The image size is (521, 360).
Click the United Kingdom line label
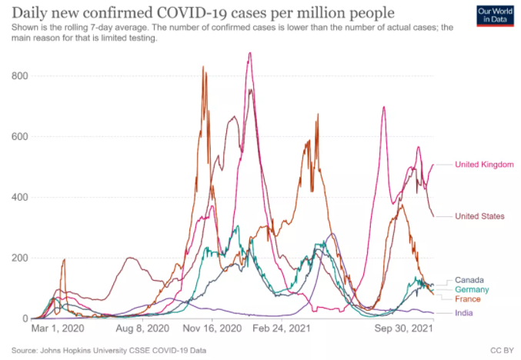click(x=484, y=164)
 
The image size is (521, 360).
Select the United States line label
click(x=479, y=216)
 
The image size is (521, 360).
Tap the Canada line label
click(x=469, y=279)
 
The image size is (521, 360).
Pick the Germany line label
click(x=472, y=289)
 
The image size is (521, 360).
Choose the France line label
click(x=468, y=298)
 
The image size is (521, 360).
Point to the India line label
click(x=464, y=313)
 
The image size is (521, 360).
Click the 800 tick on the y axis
click(x=21, y=76)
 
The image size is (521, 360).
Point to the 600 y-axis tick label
click(x=21, y=137)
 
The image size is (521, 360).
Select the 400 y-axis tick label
click(x=21, y=197)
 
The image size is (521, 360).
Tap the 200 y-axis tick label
click(x=21, y=258)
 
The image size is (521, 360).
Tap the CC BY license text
click(x=500, y=350)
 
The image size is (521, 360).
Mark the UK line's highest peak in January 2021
click(x=249, y=53)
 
